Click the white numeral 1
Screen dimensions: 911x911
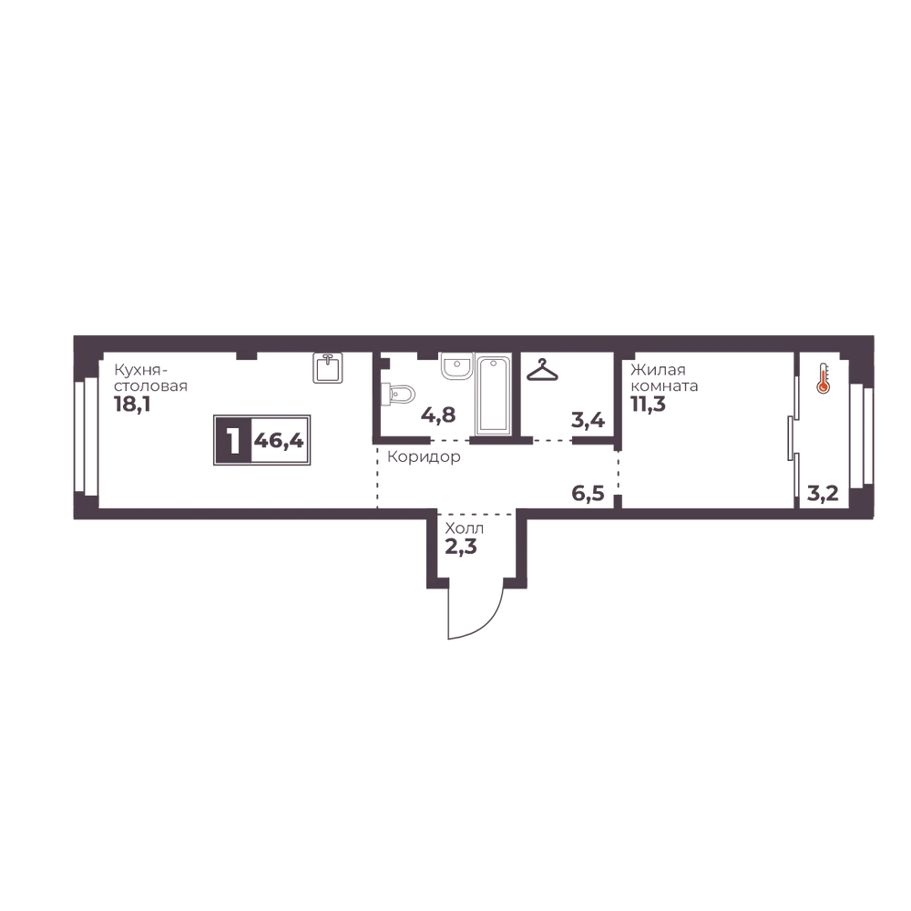234,442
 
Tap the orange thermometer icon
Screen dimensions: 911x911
824,381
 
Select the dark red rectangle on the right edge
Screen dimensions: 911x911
893,437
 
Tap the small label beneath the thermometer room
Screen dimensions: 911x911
824,496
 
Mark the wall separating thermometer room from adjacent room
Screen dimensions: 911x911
793,428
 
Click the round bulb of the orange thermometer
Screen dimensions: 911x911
824,388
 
